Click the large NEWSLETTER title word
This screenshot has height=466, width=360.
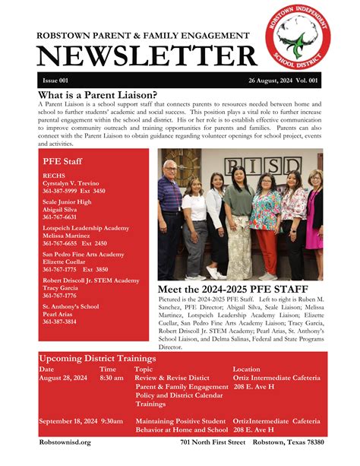tap(147, 55)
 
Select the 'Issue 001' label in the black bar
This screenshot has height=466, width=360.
tap(55, 81)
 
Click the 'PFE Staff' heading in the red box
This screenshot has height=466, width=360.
tap(62, 161)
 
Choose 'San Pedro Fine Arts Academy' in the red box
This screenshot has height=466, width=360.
tap(83, 254)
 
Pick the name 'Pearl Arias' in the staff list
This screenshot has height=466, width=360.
tap(59, 314)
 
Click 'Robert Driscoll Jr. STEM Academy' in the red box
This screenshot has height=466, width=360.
tap(91, 281)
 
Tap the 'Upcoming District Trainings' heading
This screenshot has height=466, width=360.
tap(97, 358)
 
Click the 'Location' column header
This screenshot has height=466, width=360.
tap(246, 369)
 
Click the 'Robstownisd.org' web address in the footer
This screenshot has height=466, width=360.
tap(65, 442)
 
